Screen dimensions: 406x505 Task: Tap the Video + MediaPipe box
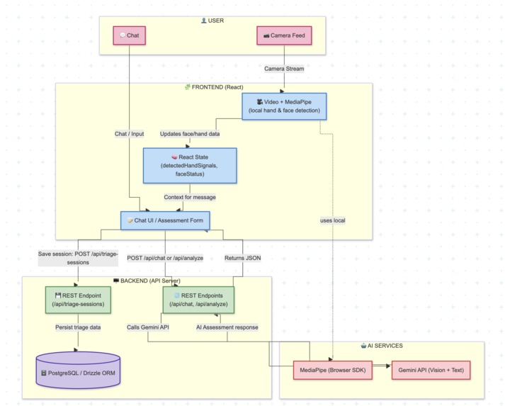pyautogui.click(x=284, y=106)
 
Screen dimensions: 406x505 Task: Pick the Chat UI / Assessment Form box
pyautogui.click(x=165, y=220)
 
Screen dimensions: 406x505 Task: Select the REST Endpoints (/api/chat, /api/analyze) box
pyautogui.click(x=198, y=299)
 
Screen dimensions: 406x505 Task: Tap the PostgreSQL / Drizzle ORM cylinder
pyautogui.click(x=78, y=371)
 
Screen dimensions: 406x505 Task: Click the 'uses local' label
pyautogui.click(x=332, y=221)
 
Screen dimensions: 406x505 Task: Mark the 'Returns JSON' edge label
pyautogui.click(x=243, y=258)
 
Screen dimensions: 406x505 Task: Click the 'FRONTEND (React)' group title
pyautogui.click(x=213, y=87)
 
